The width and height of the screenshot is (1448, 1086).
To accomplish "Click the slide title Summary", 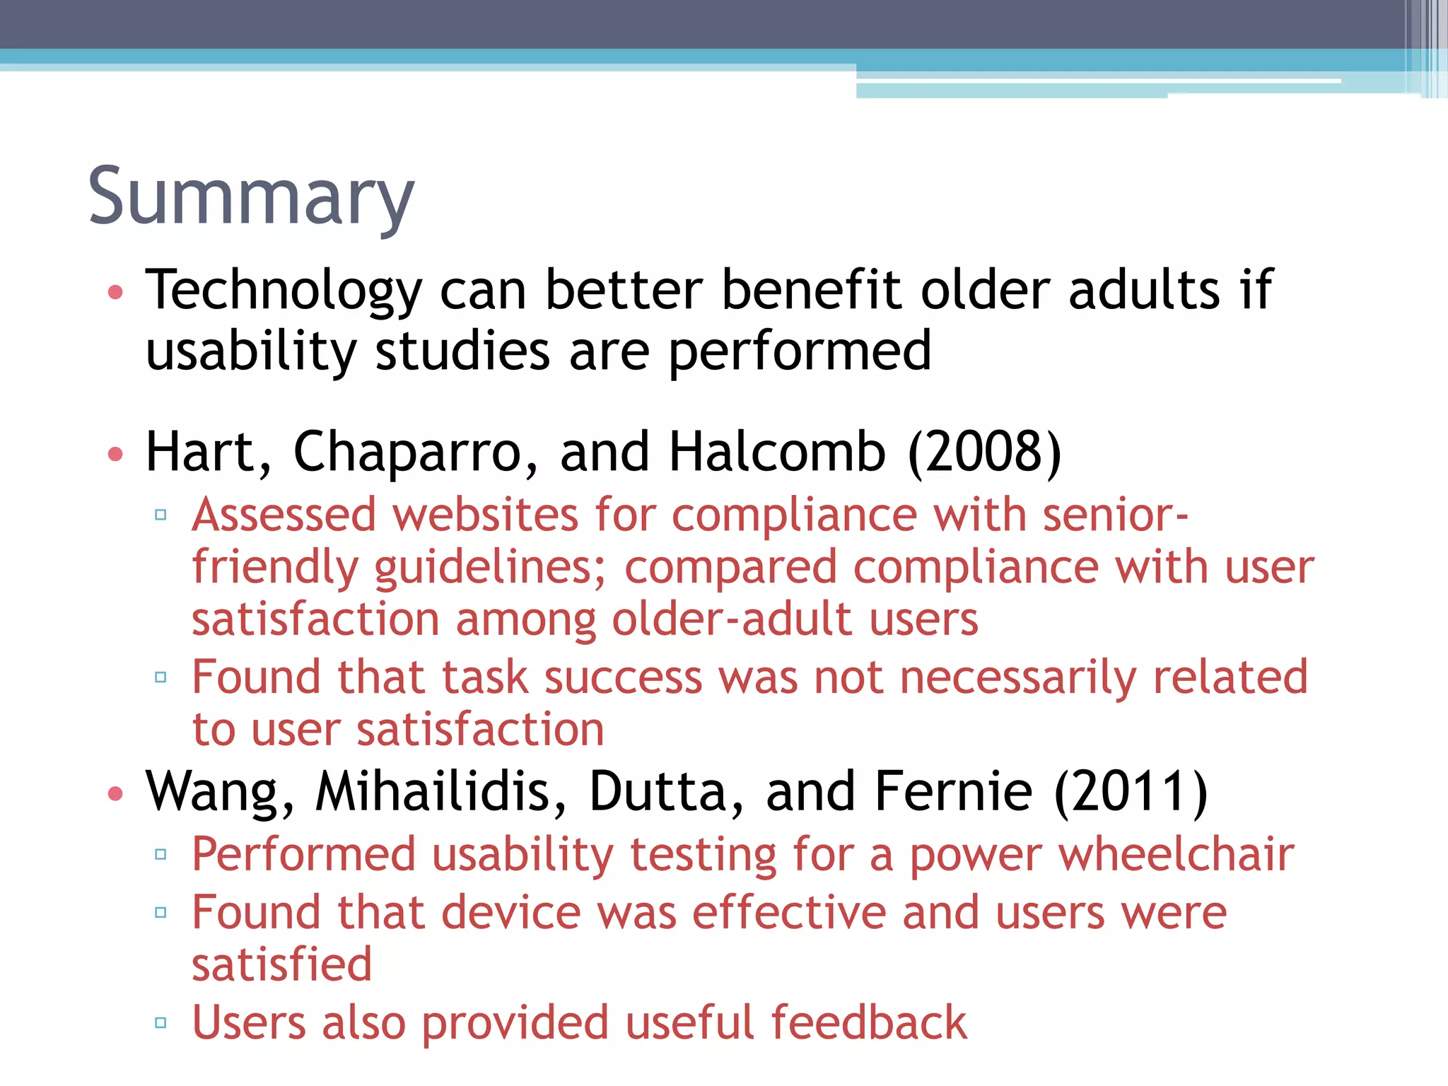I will (251, 196).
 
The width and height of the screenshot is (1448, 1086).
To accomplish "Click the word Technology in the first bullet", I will (284, 291).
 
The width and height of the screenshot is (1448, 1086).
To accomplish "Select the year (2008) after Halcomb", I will (984, 452).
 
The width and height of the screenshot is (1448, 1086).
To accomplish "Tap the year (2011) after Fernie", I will (1131, 791).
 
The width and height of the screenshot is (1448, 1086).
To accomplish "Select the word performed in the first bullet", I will (800, 351).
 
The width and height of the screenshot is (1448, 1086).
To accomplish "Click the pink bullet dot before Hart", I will (116, 453).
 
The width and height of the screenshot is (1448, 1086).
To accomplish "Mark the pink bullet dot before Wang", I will (116, 793).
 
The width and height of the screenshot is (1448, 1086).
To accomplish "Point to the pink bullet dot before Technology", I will (116, 292).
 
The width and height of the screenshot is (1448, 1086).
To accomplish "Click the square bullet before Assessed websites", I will (160, 515).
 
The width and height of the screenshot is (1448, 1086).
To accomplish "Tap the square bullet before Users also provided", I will (160, 1022).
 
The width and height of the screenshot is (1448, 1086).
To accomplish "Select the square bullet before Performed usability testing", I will (160, 854).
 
